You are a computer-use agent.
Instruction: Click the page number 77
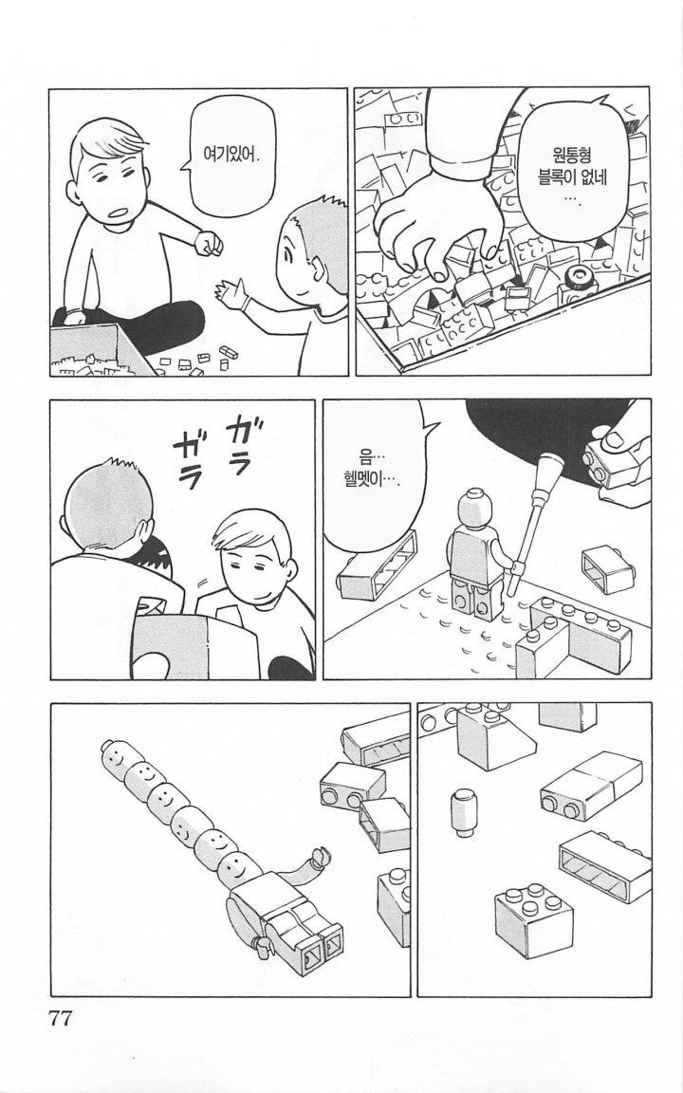click(x=60, y=1018)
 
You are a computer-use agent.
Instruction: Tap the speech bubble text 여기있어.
click(x=231, y=154)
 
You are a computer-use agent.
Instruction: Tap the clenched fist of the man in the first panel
click(x=209, y=243)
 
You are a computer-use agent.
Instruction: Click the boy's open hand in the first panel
click(x=232, y=296)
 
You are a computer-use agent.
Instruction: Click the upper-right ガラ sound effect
click(x=242, y=441)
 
